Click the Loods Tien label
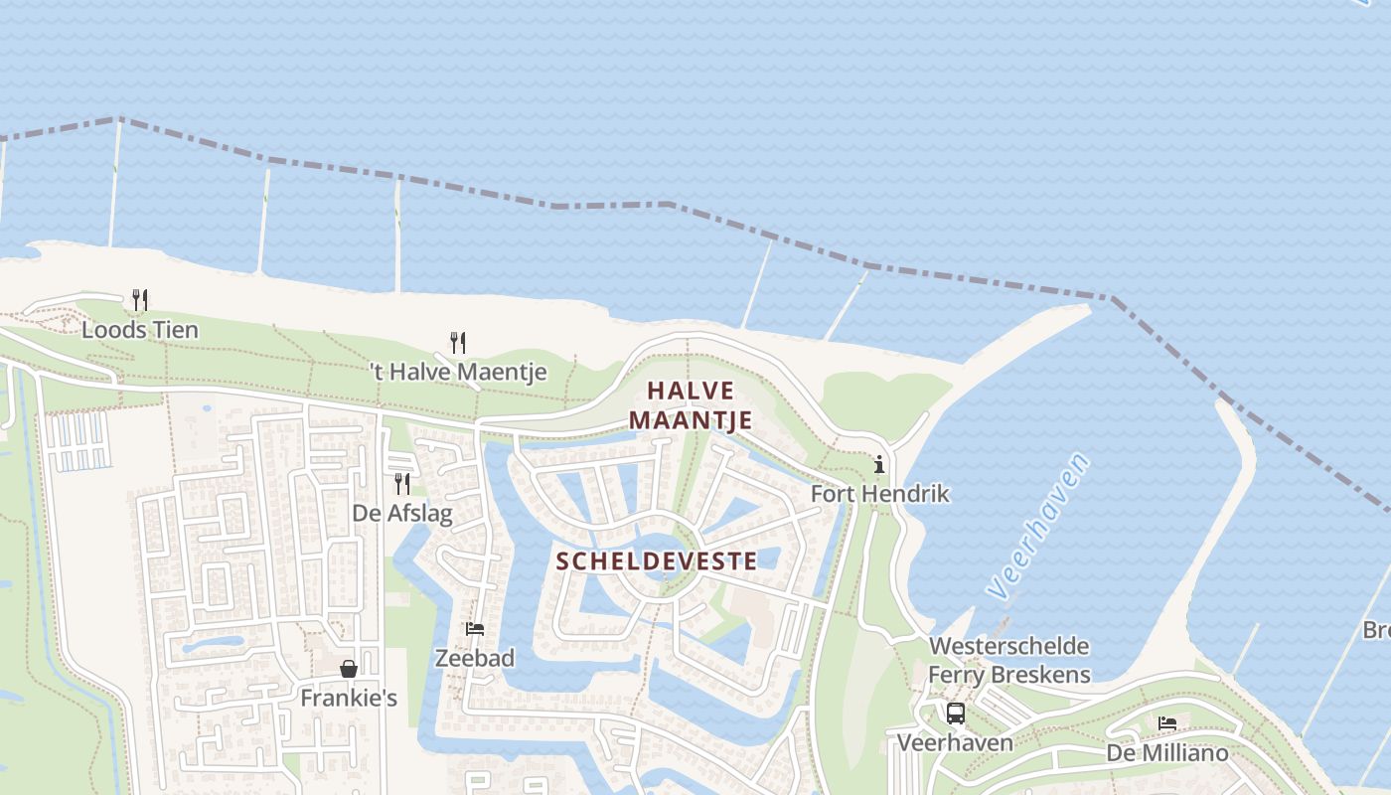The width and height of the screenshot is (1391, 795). coord(140,330)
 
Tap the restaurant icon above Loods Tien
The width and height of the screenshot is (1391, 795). coord(140,299)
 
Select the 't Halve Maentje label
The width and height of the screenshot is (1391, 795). coord(458,373)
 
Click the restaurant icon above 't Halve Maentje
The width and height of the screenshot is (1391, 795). coord(458,343)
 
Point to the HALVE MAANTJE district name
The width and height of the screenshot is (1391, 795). coord(691,405)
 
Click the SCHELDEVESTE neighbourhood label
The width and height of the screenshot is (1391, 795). coord(656,561)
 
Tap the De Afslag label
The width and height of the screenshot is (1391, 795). coord(402,514)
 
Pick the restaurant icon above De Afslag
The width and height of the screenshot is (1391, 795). coord(402,484)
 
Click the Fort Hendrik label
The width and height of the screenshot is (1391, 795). coord(880,494)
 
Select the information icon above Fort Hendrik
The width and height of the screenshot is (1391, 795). coord(879,464)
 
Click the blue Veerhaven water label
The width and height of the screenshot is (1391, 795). coord(1038,527)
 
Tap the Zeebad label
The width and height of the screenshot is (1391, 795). coord(475,658)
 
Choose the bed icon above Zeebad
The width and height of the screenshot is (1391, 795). coord(475,629)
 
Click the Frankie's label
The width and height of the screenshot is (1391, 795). coord(349,699)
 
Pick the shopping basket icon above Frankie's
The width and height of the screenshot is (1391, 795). coord(349,669)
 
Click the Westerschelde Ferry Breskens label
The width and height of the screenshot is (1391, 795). coord(1008,661)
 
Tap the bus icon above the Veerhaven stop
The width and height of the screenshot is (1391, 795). coord(955,714)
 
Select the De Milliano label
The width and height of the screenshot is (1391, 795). coord(1167,753)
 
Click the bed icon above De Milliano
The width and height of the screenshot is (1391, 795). coord(1167,723)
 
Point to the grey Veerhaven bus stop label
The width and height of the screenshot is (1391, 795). coord(955,743)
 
